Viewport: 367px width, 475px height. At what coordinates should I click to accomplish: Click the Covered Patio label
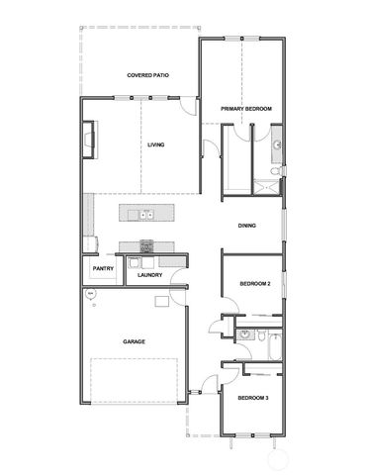coord(144,75)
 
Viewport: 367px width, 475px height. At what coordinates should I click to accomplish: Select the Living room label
coord(155,145)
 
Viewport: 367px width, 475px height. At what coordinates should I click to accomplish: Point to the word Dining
coord(247,226)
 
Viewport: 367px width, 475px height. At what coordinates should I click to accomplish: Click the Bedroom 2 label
coord(255,285)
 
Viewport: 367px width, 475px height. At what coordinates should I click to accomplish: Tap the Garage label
coord(135,341)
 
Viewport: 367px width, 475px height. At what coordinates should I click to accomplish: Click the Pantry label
coord(102,268)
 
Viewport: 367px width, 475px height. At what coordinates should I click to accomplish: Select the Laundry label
coord(150,275)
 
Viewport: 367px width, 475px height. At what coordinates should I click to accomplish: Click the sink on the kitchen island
coord(145,214)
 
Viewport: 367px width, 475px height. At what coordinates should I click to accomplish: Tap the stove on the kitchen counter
coord(146,246)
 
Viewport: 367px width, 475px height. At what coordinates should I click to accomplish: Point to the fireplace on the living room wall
coord(89,140)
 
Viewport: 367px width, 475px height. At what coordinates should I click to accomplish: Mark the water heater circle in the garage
coord(90,295)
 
